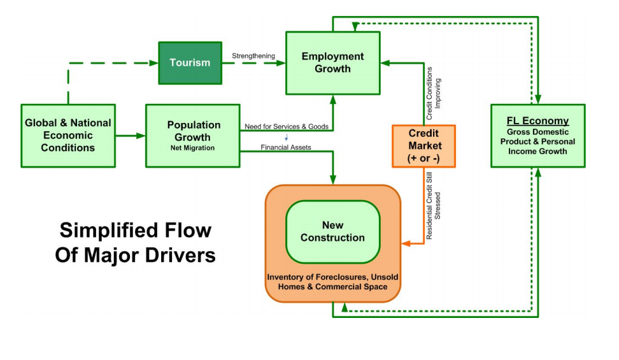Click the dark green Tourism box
coord(190,63)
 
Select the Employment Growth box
coord(333,63)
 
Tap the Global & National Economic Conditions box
coord(68,136)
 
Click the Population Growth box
coord(193,136)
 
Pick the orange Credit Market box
coord(423,146)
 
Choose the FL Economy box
coord(537,136)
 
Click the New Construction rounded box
coord(333,231)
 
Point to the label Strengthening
coord(253,55)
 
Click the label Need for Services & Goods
coord(286,126)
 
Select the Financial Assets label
coord(286,147)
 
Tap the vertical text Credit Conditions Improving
coord(433,93)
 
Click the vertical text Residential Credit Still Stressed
coord(433,206)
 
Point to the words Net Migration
coord(193,148)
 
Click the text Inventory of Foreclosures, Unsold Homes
coord(333,282)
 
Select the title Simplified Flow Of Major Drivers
coord(136,242)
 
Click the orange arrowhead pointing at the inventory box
coord(406,243)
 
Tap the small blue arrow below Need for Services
coord(286,137)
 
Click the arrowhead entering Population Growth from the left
coord(141,136)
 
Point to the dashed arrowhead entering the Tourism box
coord(153,63)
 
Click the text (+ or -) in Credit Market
coord(423,158)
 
